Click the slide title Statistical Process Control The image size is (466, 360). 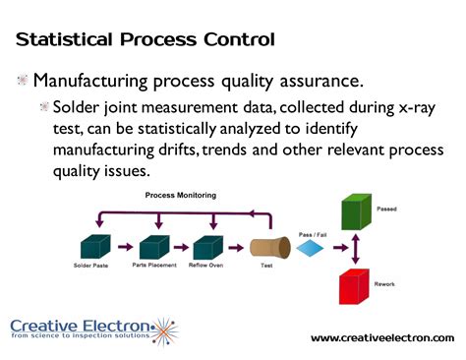coord(145,39)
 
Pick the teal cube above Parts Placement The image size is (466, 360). coord(153,247)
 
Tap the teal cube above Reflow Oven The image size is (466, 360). coord(208,247)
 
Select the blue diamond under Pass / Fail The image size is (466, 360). coord(311,250)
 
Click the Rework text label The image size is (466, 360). coord(401,285)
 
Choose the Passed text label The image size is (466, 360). coord(401,210)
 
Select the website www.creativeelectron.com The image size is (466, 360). coord(382,338)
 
